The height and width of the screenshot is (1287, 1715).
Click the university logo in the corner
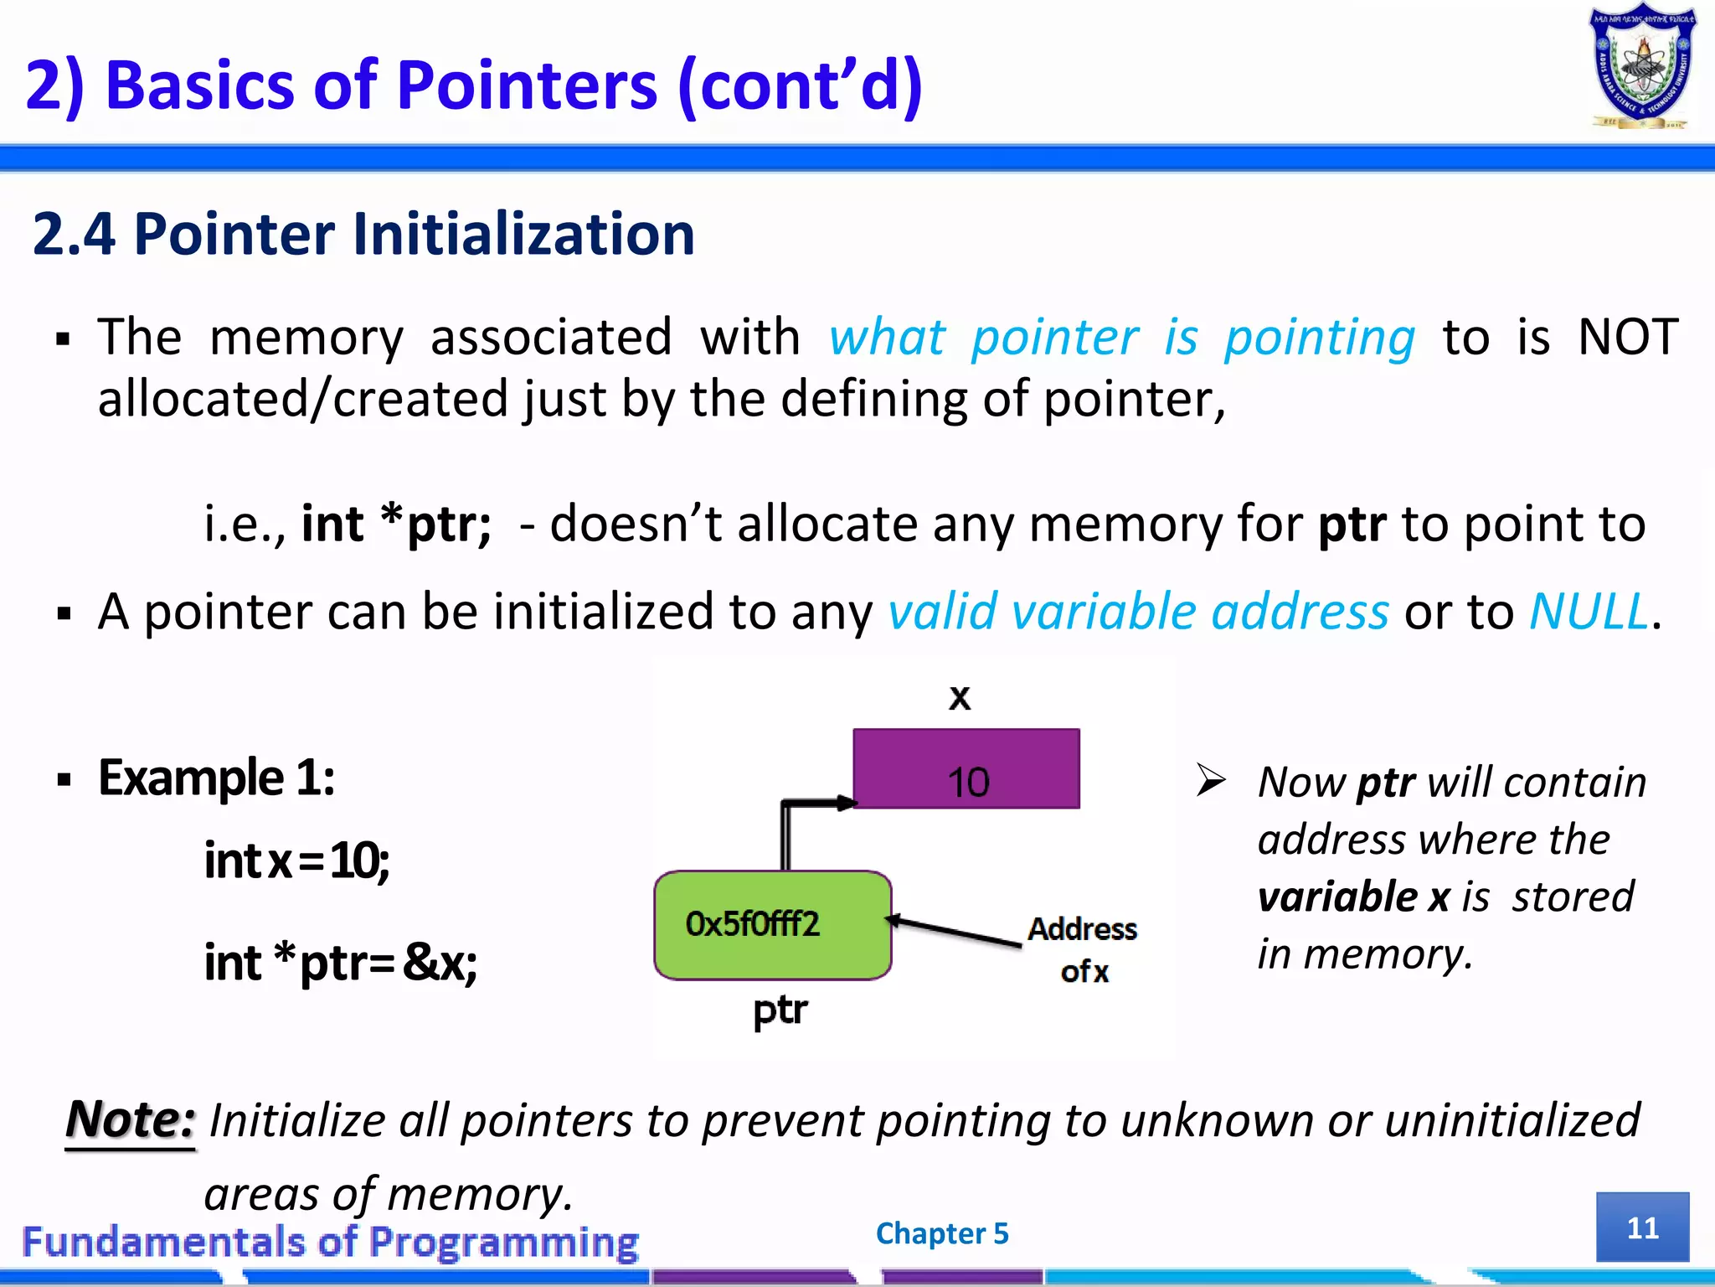(x=1642, y=67)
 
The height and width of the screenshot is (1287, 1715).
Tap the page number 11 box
(x=1642, y=1227)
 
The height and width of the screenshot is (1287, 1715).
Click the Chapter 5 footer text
(x=942, y=1233)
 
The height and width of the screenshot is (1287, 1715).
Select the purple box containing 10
(x=966, y=768)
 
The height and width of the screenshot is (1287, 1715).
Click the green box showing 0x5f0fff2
(x=772, y=925)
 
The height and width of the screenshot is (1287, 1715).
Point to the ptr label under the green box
(x=780, y=1010)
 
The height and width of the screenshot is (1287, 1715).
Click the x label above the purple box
(x=960, y=697)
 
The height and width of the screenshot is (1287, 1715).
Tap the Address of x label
(x=1083, y=949)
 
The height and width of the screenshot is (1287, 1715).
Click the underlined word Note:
(x=131, y=1120)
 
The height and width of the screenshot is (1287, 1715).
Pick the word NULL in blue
(x=1589, y=611)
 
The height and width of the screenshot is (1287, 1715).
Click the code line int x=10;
(x=296, y=861)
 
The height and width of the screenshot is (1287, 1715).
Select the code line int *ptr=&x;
(x=341, y=962)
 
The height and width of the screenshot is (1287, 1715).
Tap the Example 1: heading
(x=216, y=778)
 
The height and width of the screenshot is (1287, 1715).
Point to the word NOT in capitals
(x=1627, y=337)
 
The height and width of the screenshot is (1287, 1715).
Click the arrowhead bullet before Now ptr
(x=1211, y=780)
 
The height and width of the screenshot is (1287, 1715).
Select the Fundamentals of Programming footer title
(x=330, y=1242)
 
